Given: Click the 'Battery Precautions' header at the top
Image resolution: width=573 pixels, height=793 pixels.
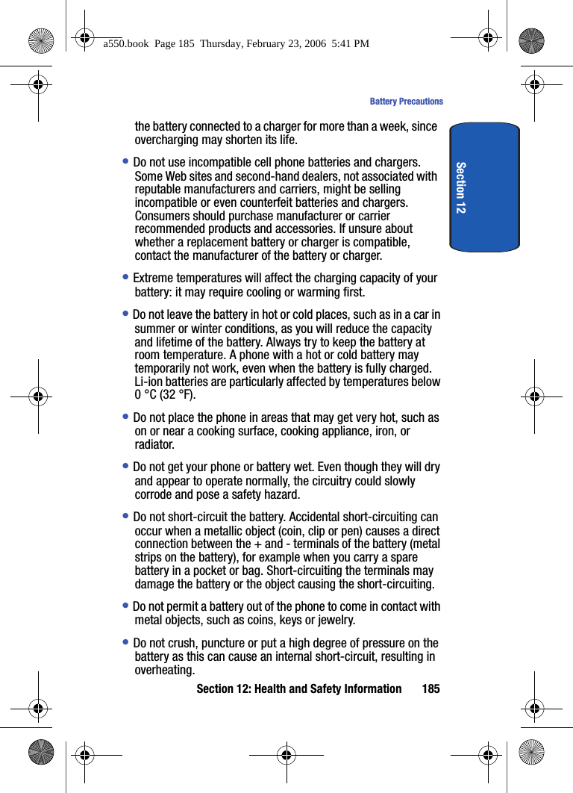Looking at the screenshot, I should click(x=406, y=102).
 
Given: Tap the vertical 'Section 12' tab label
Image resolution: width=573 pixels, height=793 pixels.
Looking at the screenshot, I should click(x=461, y=187).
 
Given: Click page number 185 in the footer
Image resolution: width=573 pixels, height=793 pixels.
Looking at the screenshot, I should click(x=430, y=688).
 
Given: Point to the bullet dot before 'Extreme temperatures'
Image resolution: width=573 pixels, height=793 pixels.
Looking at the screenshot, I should click(x=126, y=277).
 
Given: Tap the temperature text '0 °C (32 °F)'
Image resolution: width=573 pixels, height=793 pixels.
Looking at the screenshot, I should click(x=165, y=395).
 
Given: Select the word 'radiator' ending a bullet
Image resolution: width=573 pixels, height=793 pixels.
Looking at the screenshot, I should click(x=154, y=445).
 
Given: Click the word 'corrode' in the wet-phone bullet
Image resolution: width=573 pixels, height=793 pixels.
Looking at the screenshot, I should click(x=154, y=494).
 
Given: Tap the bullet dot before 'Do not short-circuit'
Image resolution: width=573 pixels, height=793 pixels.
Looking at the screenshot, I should click(x=126, y=516).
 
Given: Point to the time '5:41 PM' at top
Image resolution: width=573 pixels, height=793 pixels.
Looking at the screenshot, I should click(x=351, y=44).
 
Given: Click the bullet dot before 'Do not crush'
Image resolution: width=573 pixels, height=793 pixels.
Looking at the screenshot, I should click(x=126, y=642).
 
